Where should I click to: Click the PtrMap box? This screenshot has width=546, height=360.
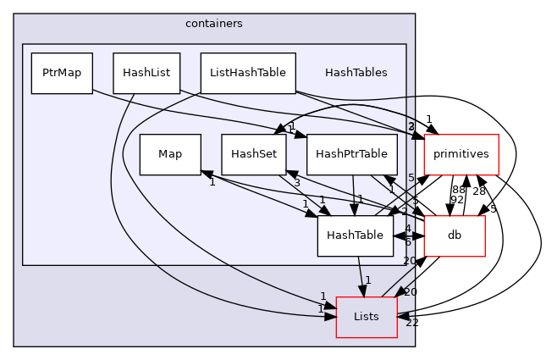click(x=62, y=73)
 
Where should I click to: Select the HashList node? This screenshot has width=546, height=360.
click(x=146, y=73)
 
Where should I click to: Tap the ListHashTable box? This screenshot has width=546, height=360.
click(x=247, y=73)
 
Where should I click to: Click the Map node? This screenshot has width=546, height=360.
click(x=170, y=154)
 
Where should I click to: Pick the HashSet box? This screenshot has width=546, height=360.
click(x=254, y=154)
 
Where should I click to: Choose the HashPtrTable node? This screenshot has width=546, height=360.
click(x=351, y=154)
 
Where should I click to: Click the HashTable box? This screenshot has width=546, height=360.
click(x=355, y=235)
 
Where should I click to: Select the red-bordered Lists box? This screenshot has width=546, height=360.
click(x=366, y=317)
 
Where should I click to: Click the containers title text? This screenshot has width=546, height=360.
click(x=213, y=24)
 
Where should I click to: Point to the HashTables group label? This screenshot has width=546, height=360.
click(x=356, y=73)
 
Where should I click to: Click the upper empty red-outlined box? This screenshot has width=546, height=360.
click(x=461, y=154)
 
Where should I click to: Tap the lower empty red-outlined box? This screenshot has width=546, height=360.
click(x=454, y=236)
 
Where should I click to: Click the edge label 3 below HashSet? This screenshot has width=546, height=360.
click(x=296, y=183)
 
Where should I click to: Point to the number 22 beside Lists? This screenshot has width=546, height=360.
click(x=410, y=323)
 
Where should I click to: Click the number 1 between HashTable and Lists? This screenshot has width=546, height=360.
click(x=367, y=280)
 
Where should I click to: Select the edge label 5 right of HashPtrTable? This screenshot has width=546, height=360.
click(x=411, y=178)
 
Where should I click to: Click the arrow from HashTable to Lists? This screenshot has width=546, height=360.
click(x=361, y=276)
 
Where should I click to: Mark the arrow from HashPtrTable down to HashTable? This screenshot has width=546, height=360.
click(x=353, y=195)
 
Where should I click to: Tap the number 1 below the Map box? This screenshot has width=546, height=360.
click(x=212, y=182)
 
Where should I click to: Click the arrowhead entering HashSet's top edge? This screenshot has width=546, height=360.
click(x=276, y=130)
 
